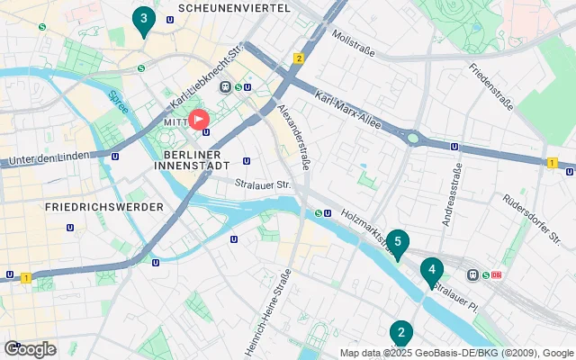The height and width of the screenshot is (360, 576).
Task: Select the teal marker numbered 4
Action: click(x=432, y=271)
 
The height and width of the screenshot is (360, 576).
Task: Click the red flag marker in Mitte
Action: click(x=198, y=120)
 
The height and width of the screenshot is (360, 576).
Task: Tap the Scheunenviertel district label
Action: click(x=234, y=8)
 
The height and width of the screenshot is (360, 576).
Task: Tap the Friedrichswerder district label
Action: click(x=103, y=207)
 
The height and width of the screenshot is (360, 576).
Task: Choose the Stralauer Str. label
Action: click(x=263, y=185)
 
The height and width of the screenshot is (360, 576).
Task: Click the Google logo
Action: click(x=30, y=349)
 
